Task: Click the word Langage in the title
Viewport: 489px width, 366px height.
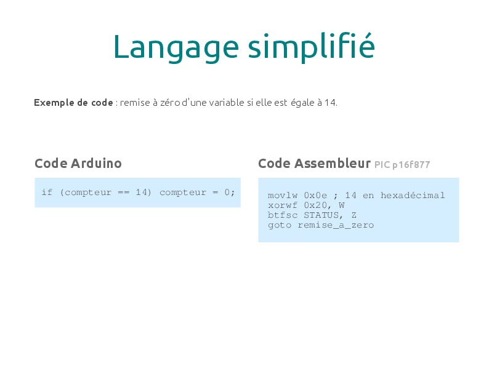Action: pyautogui.click(x=176, y=48)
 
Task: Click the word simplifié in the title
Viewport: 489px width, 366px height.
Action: pyautogui.click(x=311, y=47)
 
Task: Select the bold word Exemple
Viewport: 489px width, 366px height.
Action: pyautogui.click(x=54, y=103)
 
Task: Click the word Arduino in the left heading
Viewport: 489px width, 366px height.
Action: pyautogui.click(x=96, y=163)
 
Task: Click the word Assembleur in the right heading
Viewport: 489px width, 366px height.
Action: pyautogui.click(x=332, y=163)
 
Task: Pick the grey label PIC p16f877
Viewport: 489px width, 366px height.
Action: pyautogui.click(x=402, y=164)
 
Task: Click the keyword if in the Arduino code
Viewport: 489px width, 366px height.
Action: pyautogui.click(x=47, y=192)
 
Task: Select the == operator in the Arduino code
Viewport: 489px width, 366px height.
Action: pyautogui.click(x=124, y=193)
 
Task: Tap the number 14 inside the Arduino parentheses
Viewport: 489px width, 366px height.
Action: pyautogui.click(x=142, y=192)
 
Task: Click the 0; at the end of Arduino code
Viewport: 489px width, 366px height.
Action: pyautogui.click(x=229, y=192)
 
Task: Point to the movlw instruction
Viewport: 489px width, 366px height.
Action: pyautogui.click(x=283, y=196)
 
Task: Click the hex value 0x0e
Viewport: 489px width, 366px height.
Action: pyautogui.click(x=315, y=196)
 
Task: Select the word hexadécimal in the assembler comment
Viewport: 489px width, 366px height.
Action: pyautogui.click(x=413, y=195)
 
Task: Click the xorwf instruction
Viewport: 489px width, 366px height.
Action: pyautogui.click(x=283, y=205)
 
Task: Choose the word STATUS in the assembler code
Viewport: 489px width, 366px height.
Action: pyautogui.click(x=321, y=215)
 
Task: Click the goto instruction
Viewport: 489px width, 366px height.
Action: pyautogui.click(x=280, y=225)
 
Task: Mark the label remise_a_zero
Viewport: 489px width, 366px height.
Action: pyautogui.click(x=336, y=225)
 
